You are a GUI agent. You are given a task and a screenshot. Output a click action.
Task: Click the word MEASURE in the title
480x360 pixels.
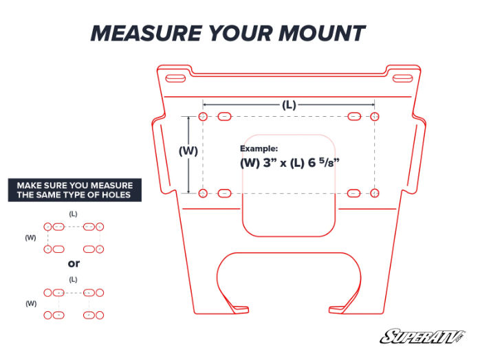click(x=146, y=33)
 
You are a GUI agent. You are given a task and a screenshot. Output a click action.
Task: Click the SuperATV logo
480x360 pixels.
click(x=422, y=337)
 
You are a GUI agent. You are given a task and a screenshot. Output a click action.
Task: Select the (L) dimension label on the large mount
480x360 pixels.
click(x=289, y=105)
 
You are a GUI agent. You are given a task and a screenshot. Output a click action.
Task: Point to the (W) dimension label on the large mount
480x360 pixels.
click(x=188, y=150)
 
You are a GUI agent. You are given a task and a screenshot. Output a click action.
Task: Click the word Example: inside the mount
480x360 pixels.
click(x=259, y=148)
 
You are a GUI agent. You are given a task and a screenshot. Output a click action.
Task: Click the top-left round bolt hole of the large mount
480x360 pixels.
click(x=203, y=117)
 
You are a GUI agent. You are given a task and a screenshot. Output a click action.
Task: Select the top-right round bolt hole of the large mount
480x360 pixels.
click(x=375, y=117)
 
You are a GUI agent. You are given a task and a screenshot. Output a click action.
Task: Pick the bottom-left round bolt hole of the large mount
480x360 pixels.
click(x=203, y=193)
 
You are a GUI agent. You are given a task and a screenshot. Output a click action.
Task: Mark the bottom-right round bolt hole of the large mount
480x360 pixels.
click(x=375, y=193)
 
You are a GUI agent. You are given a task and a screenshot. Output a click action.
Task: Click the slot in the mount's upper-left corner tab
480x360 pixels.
click(x=175, y=78)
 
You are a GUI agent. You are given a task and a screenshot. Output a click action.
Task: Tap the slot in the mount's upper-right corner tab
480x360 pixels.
click(x=402, y=78)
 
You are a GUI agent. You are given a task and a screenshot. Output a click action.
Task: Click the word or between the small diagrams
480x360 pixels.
click(x=74, y=263)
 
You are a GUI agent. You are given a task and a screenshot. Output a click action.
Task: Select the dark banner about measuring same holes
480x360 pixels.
click(x=75, y=190)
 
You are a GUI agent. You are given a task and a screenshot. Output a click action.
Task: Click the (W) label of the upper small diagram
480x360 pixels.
click(x=30, y=238)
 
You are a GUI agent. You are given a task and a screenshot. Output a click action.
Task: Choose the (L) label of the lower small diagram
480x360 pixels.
click(x=73, y=279)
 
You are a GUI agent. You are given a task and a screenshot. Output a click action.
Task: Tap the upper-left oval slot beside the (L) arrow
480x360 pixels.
click(x=224, y=117)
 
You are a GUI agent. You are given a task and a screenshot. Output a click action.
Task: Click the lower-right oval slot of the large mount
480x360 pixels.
click(x=354, y=193)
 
